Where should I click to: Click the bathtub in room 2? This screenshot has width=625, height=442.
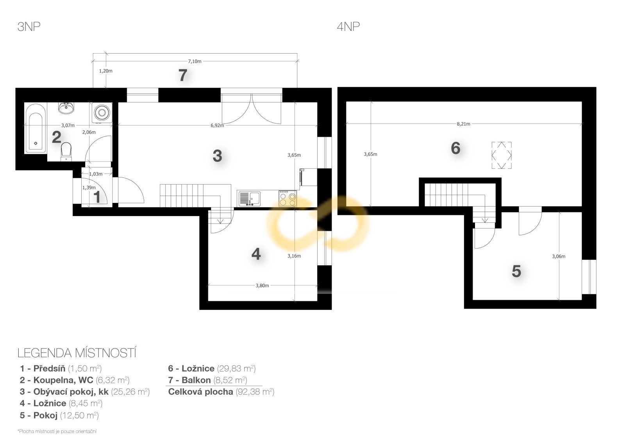click(x=36, y=129)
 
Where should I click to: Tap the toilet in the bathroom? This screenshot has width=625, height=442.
click(x=66, y=152)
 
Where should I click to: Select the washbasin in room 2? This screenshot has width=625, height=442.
click(x=66, y=108)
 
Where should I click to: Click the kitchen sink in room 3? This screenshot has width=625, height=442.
click(x=250, y=199)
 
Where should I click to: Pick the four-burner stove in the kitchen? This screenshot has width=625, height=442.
click(x=287, y=199)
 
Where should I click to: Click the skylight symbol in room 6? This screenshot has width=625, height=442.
click(x=502, y=155)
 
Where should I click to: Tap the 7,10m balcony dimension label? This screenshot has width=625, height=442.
click(x=195, y=61)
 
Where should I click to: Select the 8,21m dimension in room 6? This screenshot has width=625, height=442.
click(x=463, y=124)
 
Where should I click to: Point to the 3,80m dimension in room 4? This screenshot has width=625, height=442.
click(x=262, y=285)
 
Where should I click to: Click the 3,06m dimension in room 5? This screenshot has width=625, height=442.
click(x=559, y=256)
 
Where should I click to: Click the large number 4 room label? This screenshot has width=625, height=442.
click(x=256, y=254)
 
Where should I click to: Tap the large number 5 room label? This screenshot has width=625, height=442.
click(x=516, y=271)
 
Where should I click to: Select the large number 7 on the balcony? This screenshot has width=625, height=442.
click(x=183, y=75)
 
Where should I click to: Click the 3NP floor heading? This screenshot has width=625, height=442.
click(x=29, y=27)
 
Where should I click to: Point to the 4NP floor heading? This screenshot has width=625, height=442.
click(x=348, y=27)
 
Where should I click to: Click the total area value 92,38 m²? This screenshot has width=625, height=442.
click(x=255, y=392)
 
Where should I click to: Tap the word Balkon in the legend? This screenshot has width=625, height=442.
click(x=196, y=380)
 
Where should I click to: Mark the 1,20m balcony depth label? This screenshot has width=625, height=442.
click(x=106, y=71)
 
